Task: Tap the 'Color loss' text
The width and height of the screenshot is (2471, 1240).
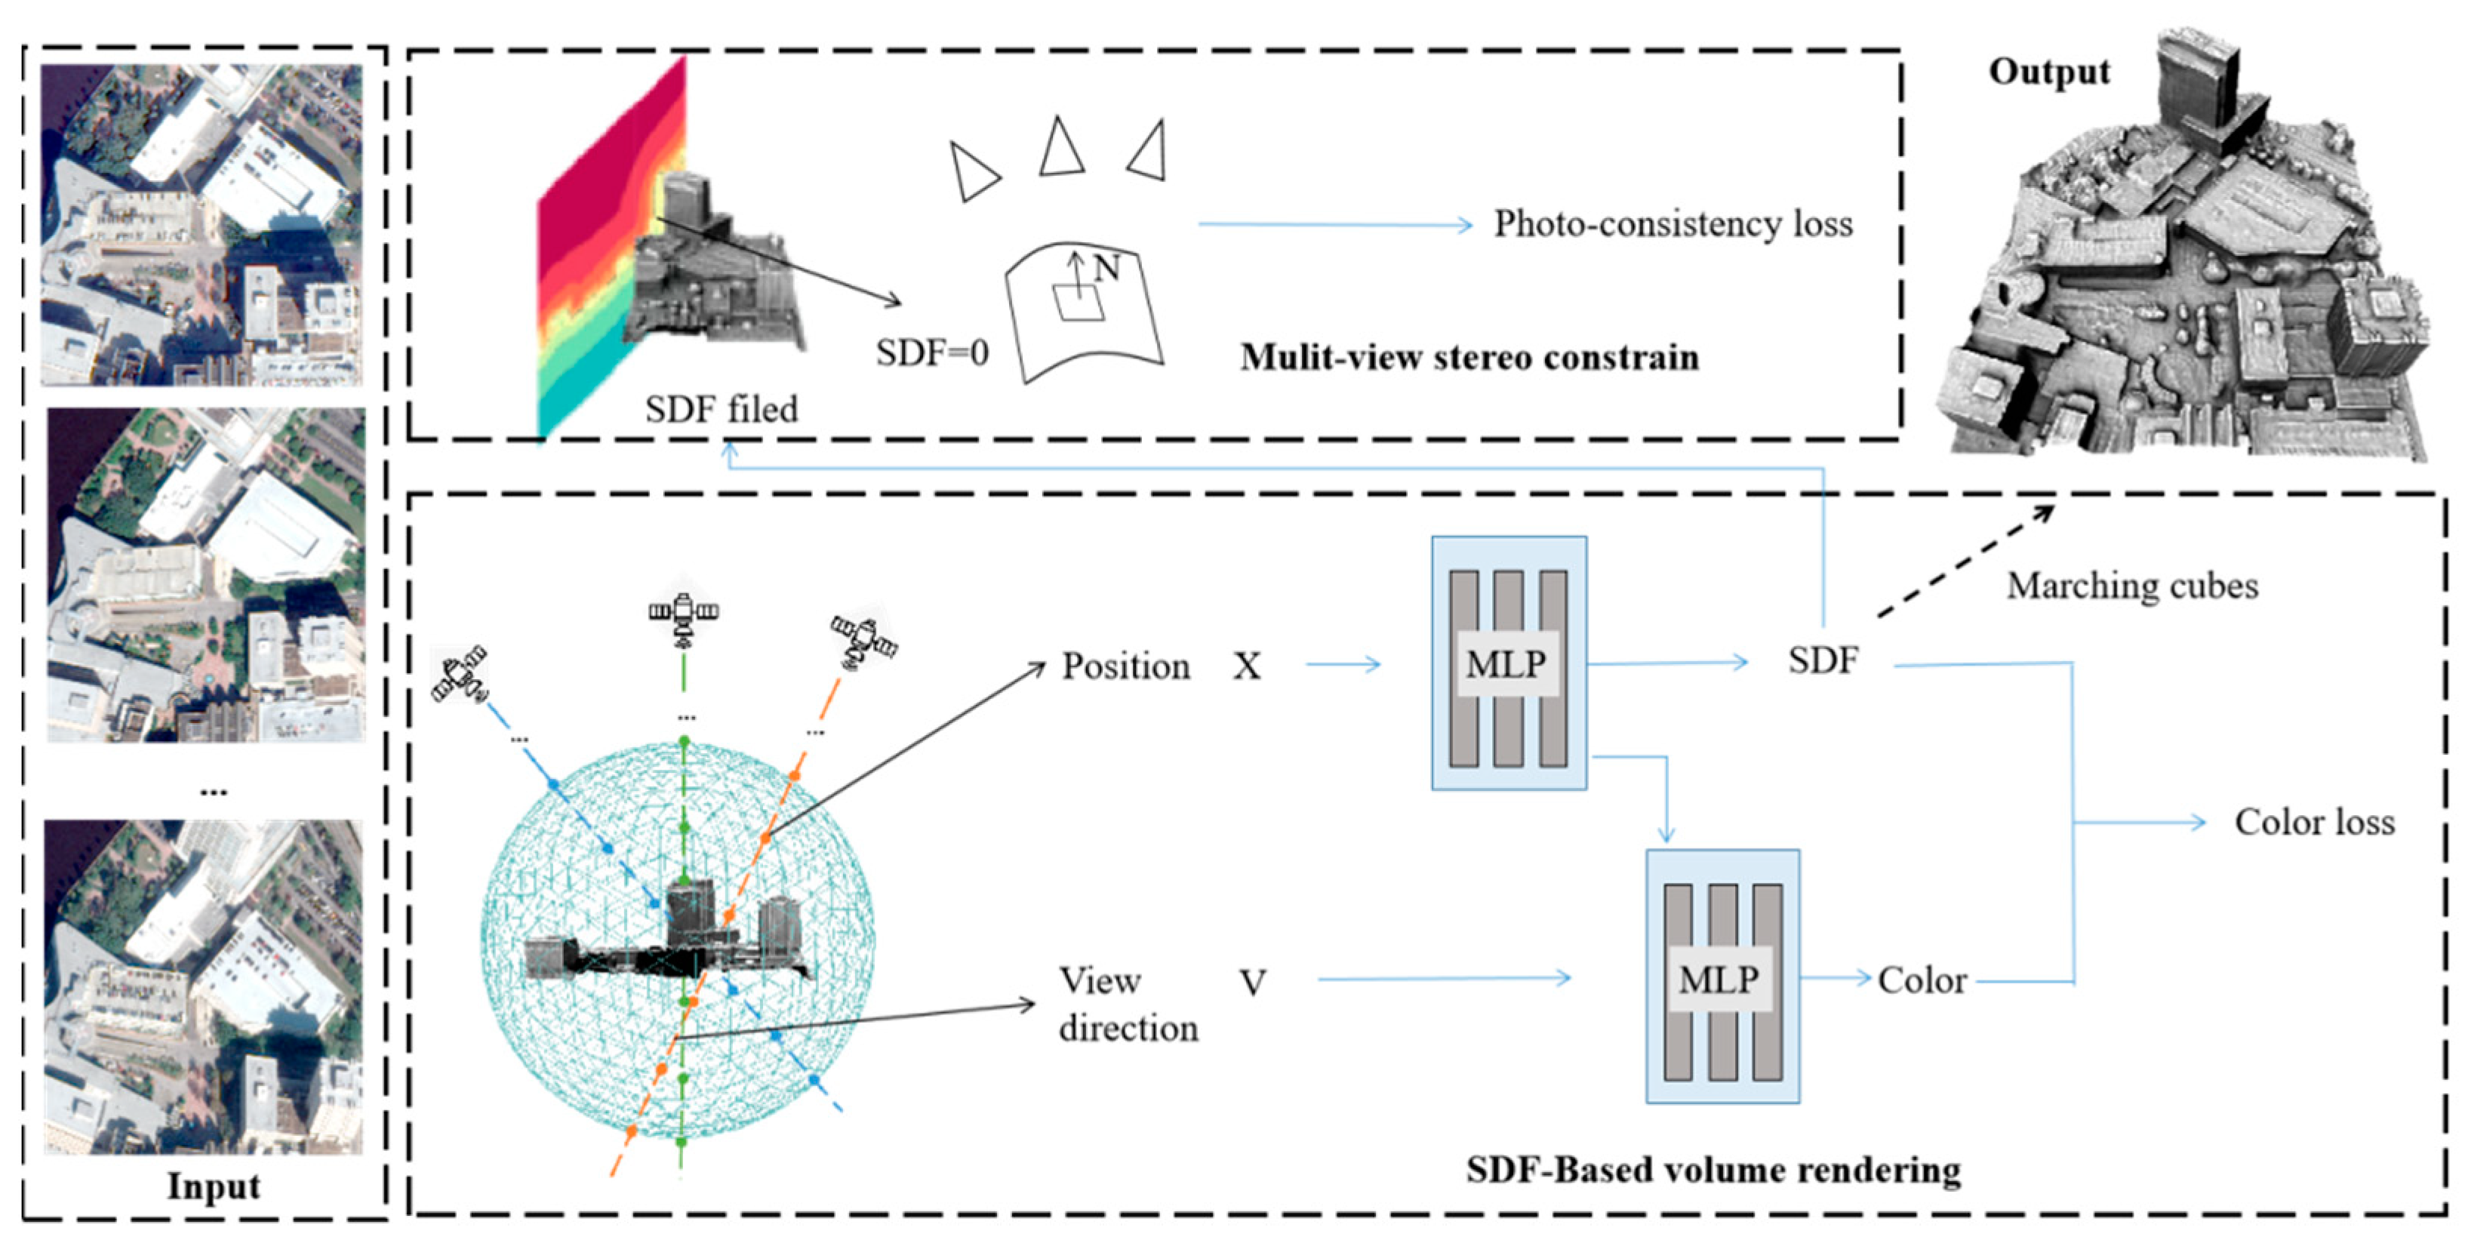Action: (x=2314, y=822)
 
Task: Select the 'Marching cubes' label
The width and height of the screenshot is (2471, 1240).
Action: (x=2131, y=585)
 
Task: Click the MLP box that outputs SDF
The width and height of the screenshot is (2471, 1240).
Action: (x=1508, y=663)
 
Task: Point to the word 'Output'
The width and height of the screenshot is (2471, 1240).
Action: (x=2048, y=72)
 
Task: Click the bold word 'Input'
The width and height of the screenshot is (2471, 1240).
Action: (x=213, y=1186)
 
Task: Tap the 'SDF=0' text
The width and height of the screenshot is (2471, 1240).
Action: (x=931, y=353)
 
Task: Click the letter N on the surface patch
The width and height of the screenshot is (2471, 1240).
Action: (x=1106, y=268)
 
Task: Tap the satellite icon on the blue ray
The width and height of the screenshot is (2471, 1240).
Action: (x=460, y=674)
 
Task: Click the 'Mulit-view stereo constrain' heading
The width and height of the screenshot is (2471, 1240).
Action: (x=1469, y=357)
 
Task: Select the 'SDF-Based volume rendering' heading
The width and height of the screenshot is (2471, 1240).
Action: (x=1712, y=1170)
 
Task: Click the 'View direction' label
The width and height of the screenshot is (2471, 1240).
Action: (x=1127, y=1003)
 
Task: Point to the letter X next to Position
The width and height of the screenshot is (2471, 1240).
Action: (x=1246, y=666)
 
